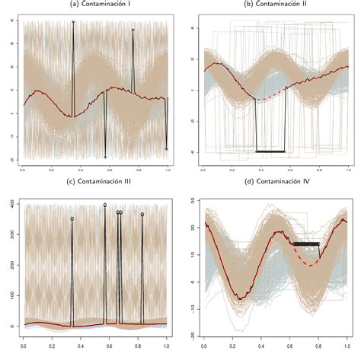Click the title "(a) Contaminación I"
point(95,5)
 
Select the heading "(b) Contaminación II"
point(275,5)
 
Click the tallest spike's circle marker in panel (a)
point(73,22)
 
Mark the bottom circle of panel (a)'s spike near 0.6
point(105,158)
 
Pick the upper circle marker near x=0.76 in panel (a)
point(133,30)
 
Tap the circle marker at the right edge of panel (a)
point(166,149)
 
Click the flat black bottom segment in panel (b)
point(270,151)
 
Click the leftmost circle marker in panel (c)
point(72,218)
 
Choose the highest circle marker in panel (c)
point(105,205)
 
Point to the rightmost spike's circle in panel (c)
point(142,215)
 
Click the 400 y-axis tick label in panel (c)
point(14,204)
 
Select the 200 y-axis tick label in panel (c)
point(14,265)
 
